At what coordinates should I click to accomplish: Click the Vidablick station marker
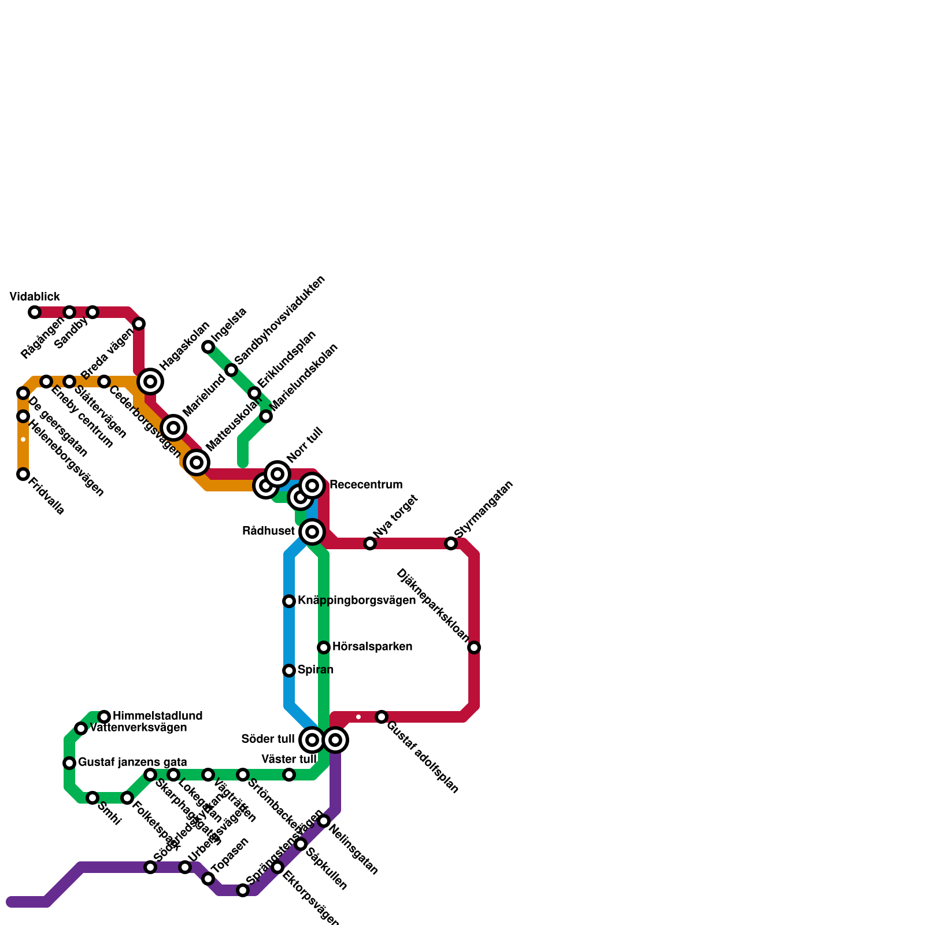coord(35,312)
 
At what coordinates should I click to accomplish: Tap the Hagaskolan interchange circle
coord(150,382)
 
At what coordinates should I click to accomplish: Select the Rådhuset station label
coord(268,531)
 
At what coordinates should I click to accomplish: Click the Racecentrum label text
coord(365,485)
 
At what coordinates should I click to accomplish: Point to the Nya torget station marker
coord(370,543)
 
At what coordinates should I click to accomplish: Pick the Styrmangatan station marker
coord(451,543)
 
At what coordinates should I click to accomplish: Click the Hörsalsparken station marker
coord(324,647)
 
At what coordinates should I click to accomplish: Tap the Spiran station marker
coord(289,671)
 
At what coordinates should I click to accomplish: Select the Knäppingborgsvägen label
coord(356,601)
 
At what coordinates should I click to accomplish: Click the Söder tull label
coord(268,739)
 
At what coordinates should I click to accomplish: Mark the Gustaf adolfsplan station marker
coord(382,717)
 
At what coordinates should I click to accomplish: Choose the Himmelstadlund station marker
coord(104,717)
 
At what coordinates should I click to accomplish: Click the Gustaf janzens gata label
coord(132,763)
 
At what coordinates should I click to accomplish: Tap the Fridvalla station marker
coord(23,474)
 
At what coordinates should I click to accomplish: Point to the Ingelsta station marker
coord(208,347)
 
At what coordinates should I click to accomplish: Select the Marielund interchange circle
coord(173,428)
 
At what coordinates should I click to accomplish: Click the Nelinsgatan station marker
coord(324,821)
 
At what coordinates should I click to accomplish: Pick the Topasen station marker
coord(208,879)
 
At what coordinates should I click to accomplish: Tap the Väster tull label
coord(288,759)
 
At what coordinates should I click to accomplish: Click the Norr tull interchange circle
coord(277,474)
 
